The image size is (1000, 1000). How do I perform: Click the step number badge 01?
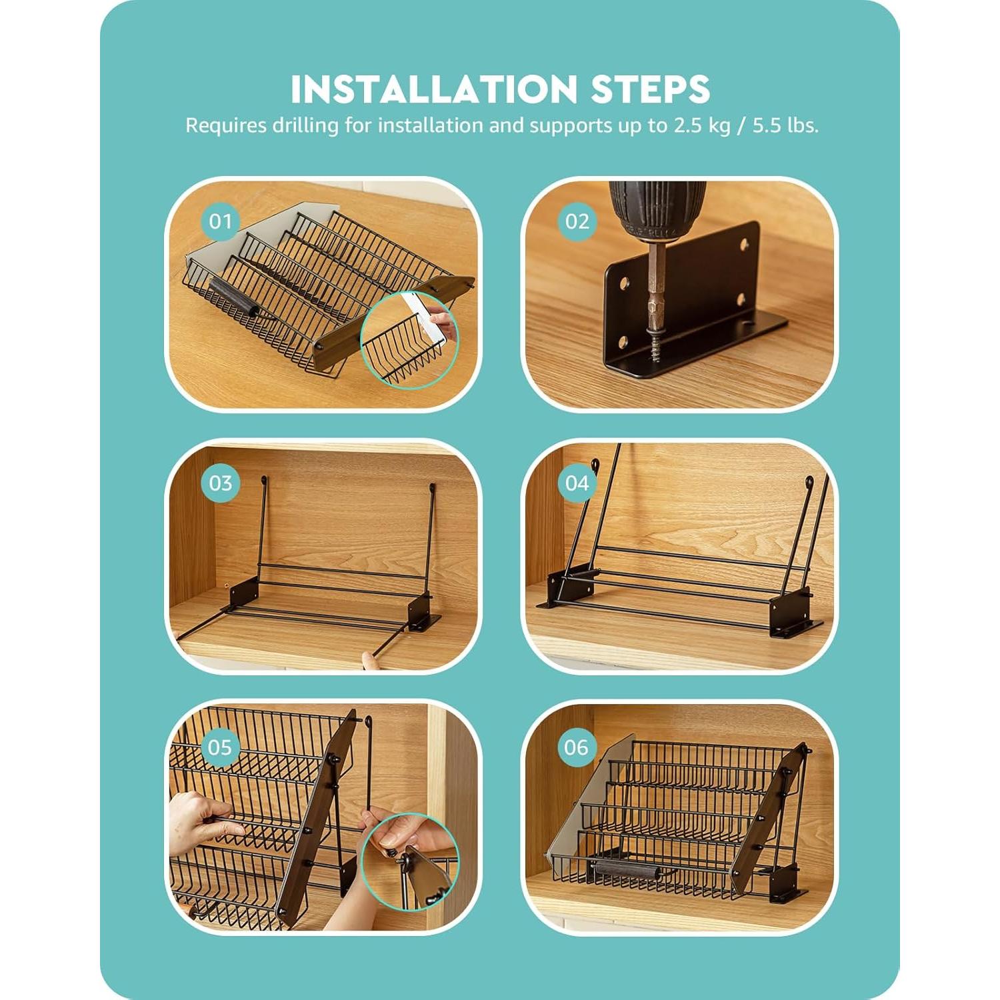click(221, 221)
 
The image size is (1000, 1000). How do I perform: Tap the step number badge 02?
click(577, 221)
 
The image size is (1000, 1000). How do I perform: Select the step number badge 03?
click(221, 483)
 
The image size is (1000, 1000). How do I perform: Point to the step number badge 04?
click(577, 483)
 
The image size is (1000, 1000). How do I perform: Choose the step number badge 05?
click(221, 747)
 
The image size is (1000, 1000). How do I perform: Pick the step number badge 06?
click(577, 747)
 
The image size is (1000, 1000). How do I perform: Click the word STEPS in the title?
click(651, 89)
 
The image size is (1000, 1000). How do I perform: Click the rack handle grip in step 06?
click(625, 869)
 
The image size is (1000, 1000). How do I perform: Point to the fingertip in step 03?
click(367, 660)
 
